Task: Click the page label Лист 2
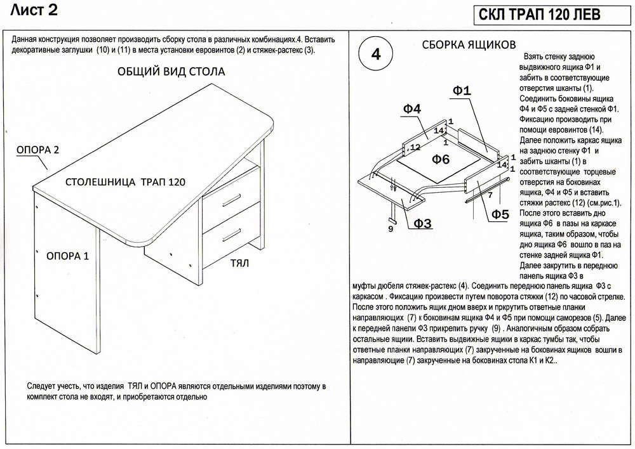[x=34, y=10]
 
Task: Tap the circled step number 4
[x=375, y=54]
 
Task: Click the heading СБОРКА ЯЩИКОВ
[x=469, y=44]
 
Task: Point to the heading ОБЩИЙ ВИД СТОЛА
[x=171, y=72]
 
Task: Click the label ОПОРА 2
[x=37, y=150]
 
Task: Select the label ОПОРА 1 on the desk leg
[x=67, y=256]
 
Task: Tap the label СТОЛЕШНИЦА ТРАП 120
[x=125, y=182]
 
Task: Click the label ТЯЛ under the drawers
[x=239, y=263]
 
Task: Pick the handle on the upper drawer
[x=231, y=199]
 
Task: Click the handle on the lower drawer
[x=231, y=235]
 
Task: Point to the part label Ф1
[x=462, y=91]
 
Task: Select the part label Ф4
[x=411, y=108]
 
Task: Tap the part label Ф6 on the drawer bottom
[x=441, y=159]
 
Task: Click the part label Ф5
[x=500, y=214]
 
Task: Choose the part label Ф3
[x=422, y=223]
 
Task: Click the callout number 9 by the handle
[x=391, y=230]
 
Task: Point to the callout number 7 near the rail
[x=490, y=195]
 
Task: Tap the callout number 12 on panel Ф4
[x=415, y=147]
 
